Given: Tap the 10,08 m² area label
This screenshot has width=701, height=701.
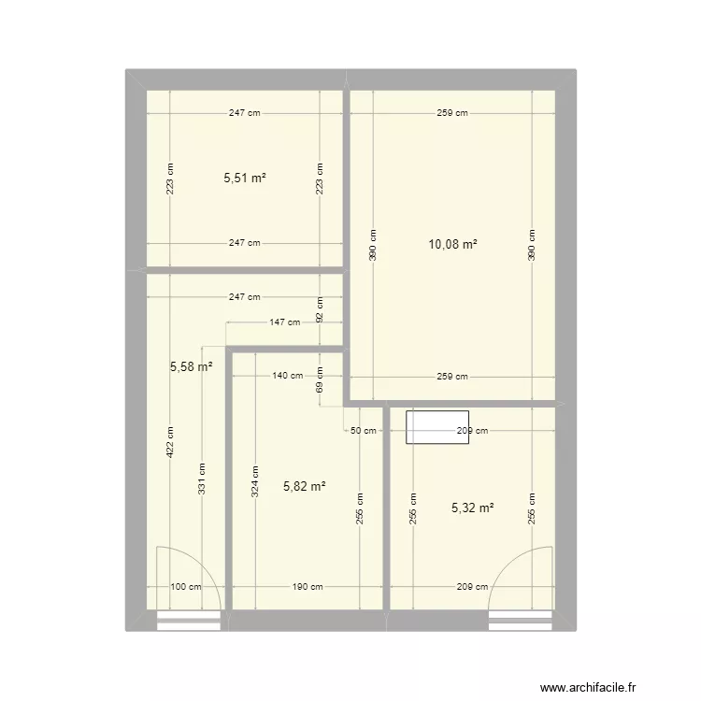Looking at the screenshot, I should [x=452, y=245].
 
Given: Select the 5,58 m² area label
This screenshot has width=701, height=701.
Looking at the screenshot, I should [x=191, y=367].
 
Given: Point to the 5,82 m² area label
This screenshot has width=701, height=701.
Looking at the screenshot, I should [x=304, y=486].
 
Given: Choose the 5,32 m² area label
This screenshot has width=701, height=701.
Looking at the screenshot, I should [x=472, y=508].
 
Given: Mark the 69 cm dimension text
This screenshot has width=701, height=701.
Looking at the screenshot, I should [x=320, y=380].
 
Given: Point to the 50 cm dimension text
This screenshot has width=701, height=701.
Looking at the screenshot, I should [x=363, y=431].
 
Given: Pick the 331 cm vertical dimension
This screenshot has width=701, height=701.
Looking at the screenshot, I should [x=200, y=479].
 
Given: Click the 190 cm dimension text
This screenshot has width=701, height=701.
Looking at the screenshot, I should [x=307, y=587].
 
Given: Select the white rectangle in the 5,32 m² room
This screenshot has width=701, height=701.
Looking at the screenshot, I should [x=436, y=426].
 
